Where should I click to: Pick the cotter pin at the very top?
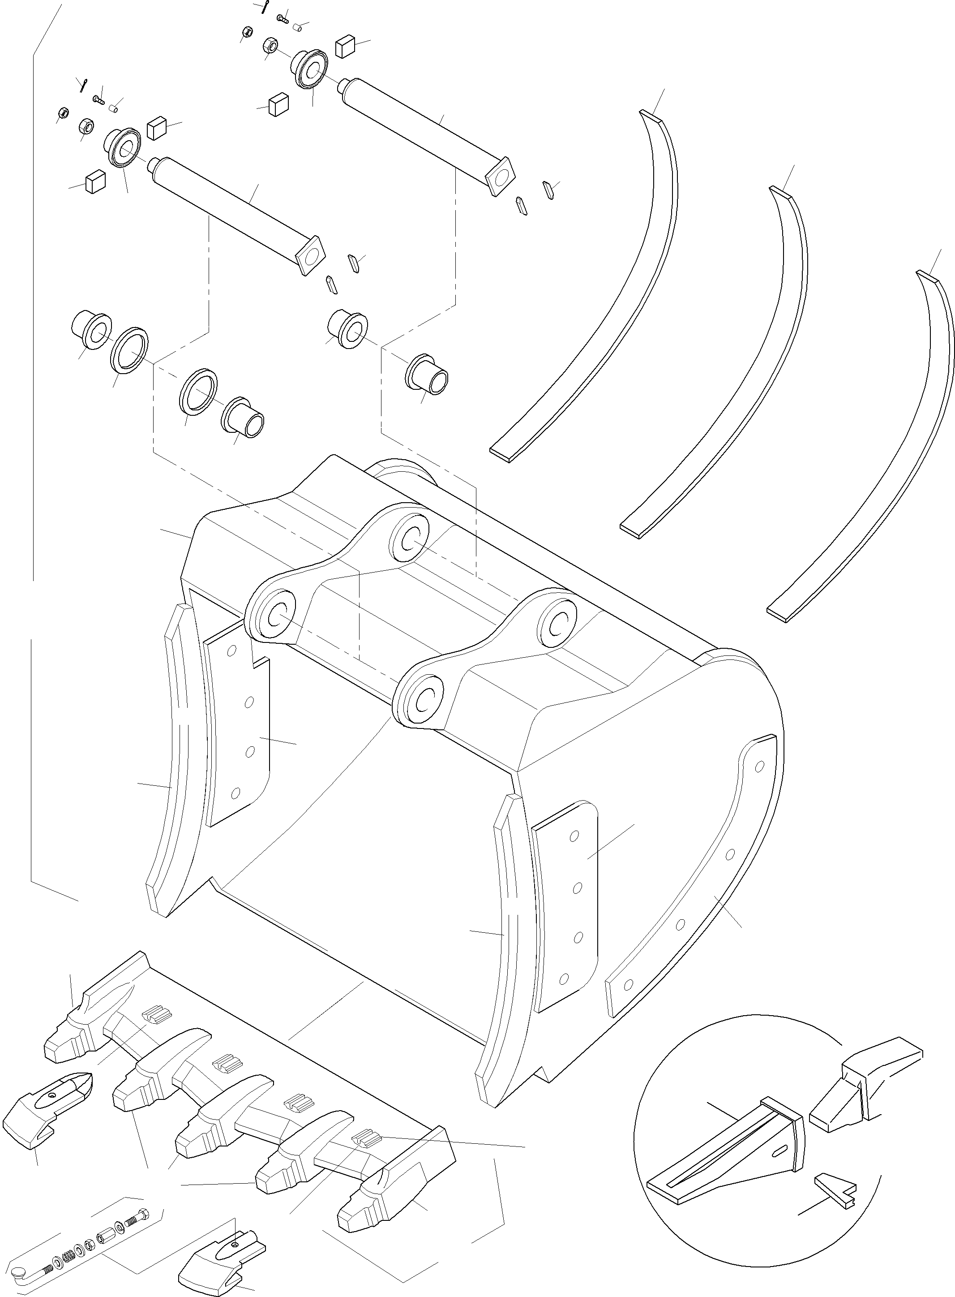click(264, 7)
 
